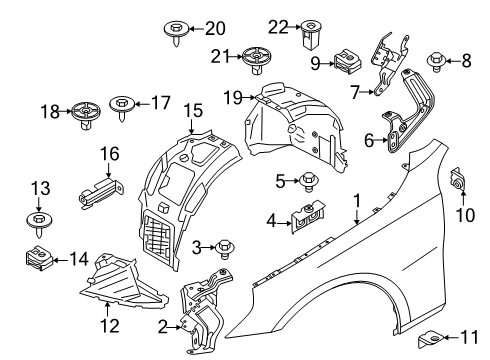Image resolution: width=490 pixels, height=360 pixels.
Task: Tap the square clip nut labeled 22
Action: [x=308, y=36]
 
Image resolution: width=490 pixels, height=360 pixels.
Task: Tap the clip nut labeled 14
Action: [x=36, y=259]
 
